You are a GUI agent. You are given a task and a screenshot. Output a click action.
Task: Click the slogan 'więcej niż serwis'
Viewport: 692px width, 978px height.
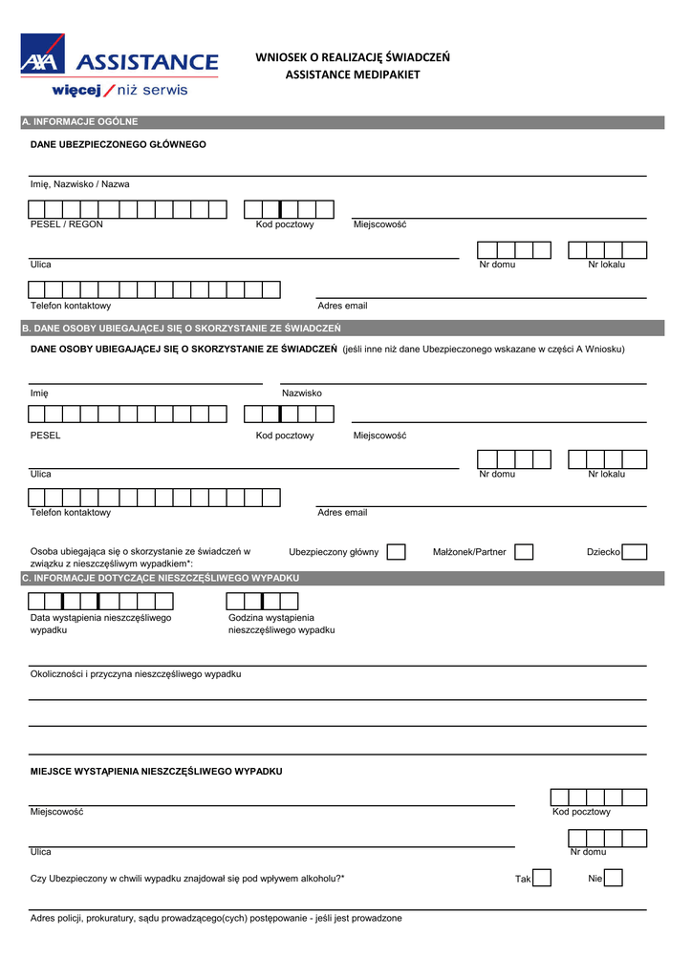[119, 91]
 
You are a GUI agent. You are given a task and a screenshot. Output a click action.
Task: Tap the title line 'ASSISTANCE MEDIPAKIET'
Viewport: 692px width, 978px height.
[353, 74]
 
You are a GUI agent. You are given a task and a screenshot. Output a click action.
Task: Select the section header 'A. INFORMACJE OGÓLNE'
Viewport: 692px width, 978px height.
[80, 122]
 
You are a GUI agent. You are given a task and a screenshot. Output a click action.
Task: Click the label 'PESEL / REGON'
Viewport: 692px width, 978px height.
[67, 224]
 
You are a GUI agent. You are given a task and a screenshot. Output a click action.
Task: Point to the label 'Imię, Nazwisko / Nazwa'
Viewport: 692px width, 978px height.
[80, 184]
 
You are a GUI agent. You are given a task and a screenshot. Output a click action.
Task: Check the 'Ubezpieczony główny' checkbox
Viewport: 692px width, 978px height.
[397, 552]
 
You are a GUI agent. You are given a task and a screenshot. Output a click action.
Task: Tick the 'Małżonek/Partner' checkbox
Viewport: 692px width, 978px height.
[524, 552]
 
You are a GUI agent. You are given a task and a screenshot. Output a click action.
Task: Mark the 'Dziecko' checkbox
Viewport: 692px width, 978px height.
[635, 552]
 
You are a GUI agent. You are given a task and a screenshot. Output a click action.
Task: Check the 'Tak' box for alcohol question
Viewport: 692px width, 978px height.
[542, 878]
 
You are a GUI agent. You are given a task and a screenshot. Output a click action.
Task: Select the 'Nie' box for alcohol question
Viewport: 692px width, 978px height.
[614, 878]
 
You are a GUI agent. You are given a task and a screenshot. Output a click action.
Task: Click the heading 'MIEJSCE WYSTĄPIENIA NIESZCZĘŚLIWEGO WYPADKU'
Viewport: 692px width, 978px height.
[157, 771]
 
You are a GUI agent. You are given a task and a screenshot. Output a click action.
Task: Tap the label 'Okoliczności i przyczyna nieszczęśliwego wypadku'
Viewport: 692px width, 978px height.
[136, 674]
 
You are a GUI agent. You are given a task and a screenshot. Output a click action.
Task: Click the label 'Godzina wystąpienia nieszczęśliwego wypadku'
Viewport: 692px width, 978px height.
[281, 624]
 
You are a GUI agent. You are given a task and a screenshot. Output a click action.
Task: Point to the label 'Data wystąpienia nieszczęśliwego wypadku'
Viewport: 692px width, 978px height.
[100, 624]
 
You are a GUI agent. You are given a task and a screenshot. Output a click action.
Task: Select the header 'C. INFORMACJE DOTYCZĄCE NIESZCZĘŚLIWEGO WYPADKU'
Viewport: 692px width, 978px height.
[161, 579]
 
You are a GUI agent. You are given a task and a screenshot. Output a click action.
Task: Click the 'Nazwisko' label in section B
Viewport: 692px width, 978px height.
[302, 393]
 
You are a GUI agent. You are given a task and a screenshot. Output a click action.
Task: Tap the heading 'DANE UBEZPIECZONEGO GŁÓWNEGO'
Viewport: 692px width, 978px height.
[119, 145]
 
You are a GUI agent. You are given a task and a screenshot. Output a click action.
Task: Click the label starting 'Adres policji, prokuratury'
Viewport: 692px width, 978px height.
[216, 919]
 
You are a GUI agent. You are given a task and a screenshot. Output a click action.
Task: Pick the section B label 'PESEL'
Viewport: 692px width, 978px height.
[46, 436]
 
